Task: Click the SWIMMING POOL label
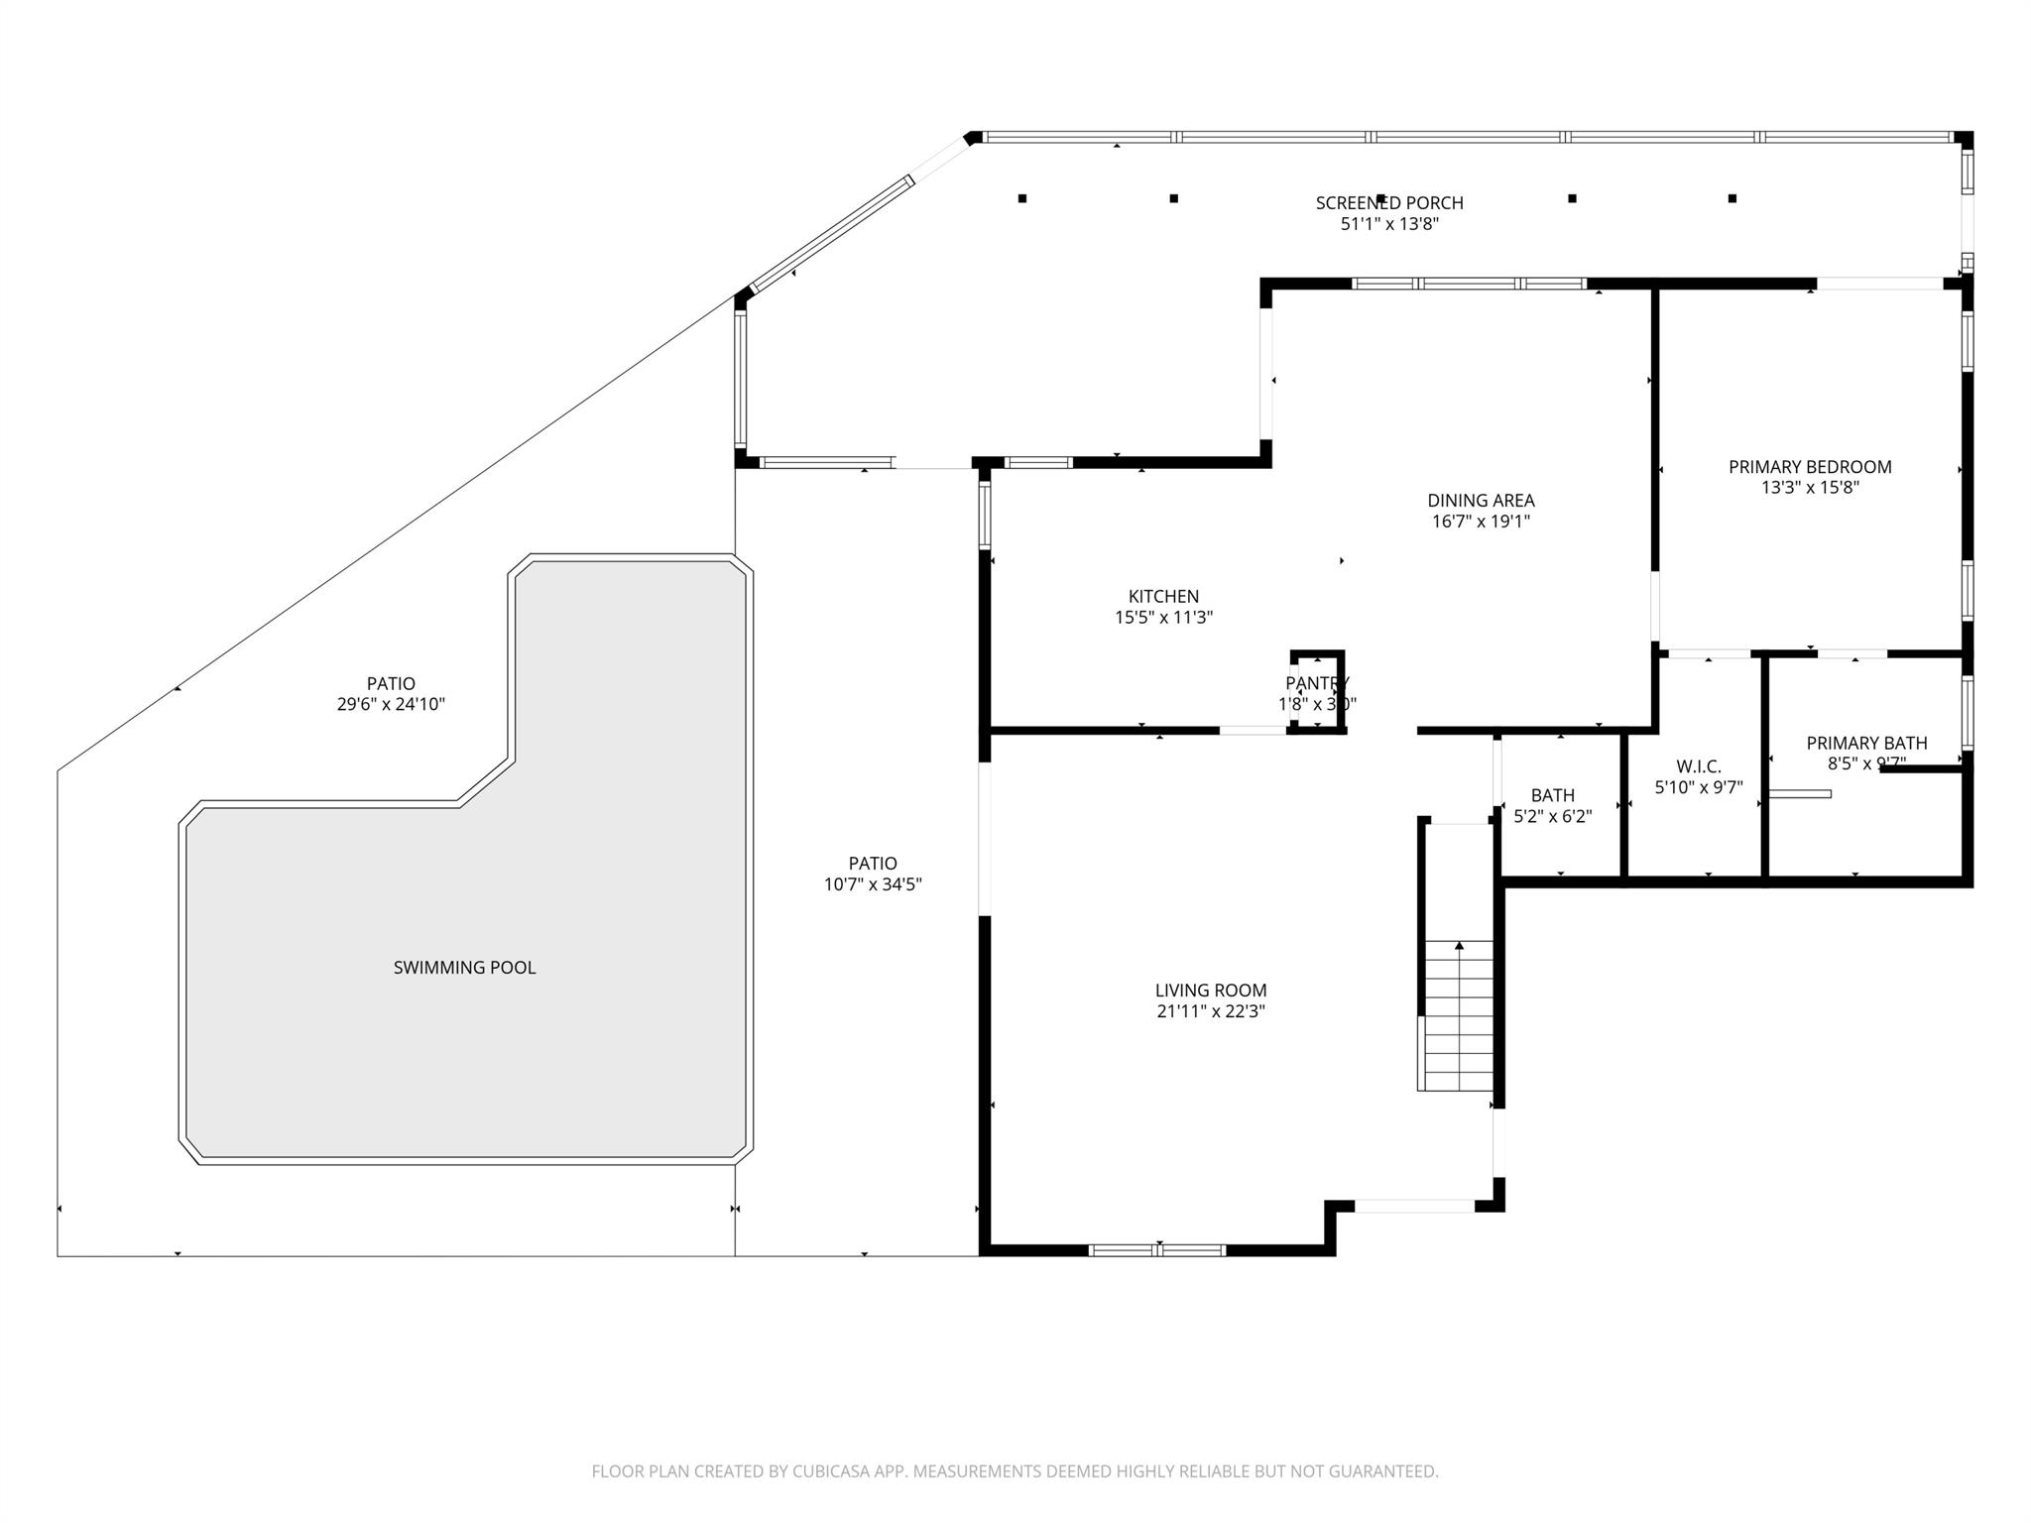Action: (464, 968)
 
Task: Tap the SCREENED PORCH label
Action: (1388, 203)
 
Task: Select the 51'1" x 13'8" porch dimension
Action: (1388, 225)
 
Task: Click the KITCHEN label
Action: (1163, 596)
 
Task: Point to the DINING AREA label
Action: (1481, 501)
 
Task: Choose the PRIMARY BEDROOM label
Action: (1809, 467)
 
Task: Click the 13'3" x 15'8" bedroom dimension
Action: (1809, 488)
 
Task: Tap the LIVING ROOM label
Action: (1210, 990)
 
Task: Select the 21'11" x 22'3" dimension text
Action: (1210, 1011)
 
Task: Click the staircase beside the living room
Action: (1459, 1015)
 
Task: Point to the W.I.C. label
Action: (1698, 766)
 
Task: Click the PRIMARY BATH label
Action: (1865, 743)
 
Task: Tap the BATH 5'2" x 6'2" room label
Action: (1552, 795)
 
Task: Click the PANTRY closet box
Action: (1317, 691)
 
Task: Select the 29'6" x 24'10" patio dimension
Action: (391, 705)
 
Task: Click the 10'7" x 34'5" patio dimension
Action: (873, 884)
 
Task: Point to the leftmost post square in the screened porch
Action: (1022, 198)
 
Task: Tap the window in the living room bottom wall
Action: (1157, 1250)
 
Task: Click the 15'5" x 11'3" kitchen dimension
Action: (1163, 618)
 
